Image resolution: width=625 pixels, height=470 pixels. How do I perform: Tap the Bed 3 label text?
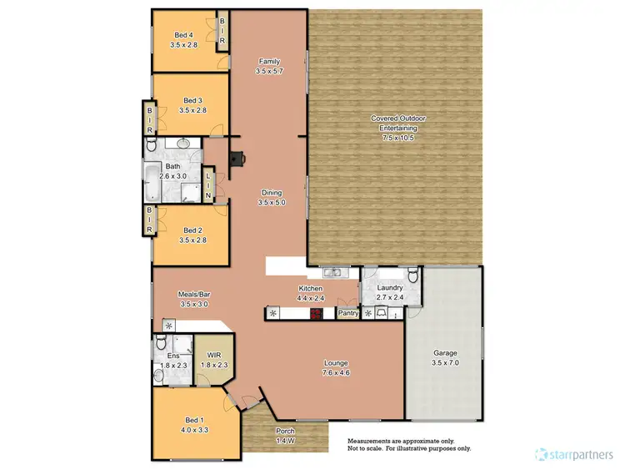tap(192, 104)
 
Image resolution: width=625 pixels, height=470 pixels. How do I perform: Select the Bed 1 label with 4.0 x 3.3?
tap(192, 426)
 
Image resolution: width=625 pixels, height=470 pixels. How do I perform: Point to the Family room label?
tap(268, 67)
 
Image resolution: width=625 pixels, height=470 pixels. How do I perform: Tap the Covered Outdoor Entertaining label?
tap(397, 128)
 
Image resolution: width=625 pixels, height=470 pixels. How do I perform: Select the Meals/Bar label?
tap(192, 299)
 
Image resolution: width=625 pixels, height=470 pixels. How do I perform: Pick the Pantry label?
tap(347, 314)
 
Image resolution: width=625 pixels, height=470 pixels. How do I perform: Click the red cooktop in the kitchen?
tap(317, 314)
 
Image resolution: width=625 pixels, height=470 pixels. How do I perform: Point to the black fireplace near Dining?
tap(239, 156)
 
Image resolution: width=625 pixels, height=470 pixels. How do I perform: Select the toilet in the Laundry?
tap(412, 276)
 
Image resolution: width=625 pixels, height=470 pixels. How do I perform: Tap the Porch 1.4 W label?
tap(286, 435)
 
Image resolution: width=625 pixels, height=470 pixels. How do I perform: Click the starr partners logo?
tap(576, 455)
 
